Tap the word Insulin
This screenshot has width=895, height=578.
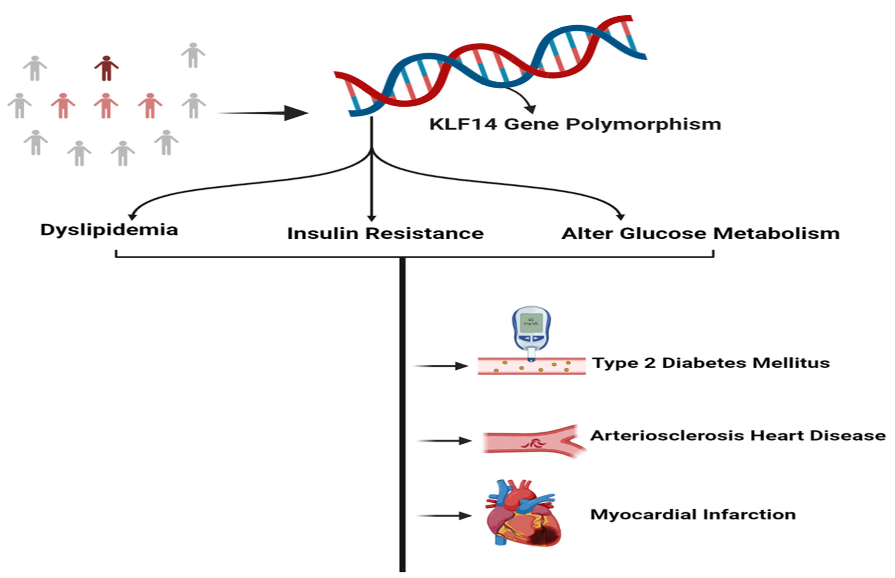pyautogui.click(x=323, y=233)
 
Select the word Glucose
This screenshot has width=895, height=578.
pyautogui.click(x=663, y=233)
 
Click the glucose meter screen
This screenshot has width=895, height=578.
pyautogui.click(x=531, y=323)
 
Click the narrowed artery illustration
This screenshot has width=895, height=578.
pyautogui.click(x=533, y=442)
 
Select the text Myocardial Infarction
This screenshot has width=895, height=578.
pyautogui.click(x=693, y=514)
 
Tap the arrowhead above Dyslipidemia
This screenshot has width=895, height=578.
pyautogui.click(x=132, y=217)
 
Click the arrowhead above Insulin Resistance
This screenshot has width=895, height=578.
pyautogui.click(x=372, y=218)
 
